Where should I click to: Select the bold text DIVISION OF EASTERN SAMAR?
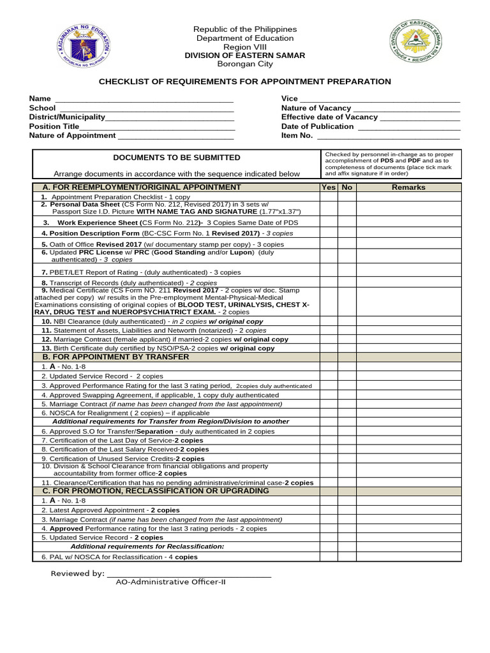pos(245,55)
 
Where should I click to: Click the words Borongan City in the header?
pos(245,64)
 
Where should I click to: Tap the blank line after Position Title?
pos(157,126)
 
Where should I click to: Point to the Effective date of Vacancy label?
pos(329,117)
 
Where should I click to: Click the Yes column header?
pos(329,187)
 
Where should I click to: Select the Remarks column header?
pos(408,187)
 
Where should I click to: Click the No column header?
pos(346,187)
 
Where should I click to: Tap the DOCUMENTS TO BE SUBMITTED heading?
pos(177,158)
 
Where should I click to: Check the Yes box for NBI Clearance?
pos(329,321)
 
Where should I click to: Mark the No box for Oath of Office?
pos(346,244)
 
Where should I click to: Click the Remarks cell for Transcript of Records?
pos(408,282)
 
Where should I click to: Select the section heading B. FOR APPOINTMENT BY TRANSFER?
pos(115,357)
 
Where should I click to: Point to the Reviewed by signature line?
pos(189,574)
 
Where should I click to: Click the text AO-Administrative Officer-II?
pos(170,582)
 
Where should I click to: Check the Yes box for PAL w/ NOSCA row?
pos(329,557)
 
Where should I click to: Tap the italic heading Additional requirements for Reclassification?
pos(147,547)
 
